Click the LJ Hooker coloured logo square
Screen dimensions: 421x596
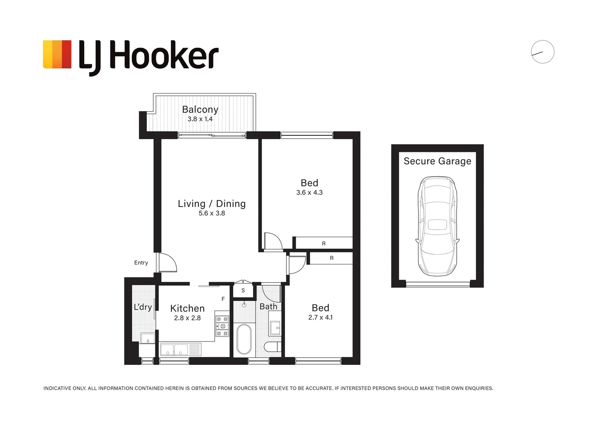57,55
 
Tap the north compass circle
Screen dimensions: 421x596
542,52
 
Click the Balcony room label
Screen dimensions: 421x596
200,110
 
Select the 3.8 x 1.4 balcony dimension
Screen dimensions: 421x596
200,119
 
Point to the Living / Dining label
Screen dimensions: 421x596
212,203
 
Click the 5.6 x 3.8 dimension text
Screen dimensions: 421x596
212,213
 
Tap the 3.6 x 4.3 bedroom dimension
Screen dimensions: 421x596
309,193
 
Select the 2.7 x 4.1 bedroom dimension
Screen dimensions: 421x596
320,318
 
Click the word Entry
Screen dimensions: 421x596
141,263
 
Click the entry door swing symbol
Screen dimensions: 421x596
167,263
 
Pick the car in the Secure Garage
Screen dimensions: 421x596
437,226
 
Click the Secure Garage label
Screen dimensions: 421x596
437,161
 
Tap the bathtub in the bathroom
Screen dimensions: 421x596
244,339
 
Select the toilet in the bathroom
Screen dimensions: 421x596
272,347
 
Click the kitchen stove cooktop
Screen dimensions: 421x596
223,326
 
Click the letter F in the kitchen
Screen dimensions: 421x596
223,299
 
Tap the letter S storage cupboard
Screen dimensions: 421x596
243,291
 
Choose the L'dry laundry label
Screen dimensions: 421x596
143,307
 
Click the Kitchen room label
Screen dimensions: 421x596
187,308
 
